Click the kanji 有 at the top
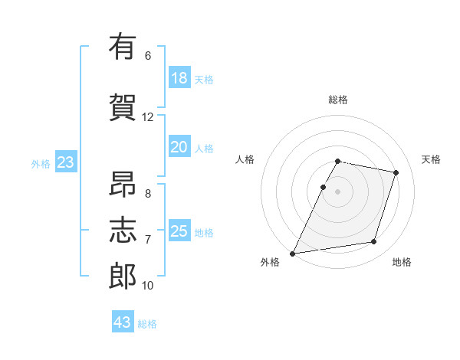pyautogui.click(x=123, y=46)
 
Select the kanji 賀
pyautogui.click(x=123, y=107)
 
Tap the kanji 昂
pyautogui.click(x=123, y=184)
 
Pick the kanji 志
pyautogui.click(x=123, y=230)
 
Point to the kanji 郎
pyautogui.click(x=123, y=276)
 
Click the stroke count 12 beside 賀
pyautogui.click(x=147, y=117)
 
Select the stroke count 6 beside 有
pyautogui.click(x=148, y=56)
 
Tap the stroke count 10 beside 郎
pyautogui.click(x=147, y=286)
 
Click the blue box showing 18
pyautogui.click(x=179, y=77)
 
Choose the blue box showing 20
pyautogui.click(x=179, y=146)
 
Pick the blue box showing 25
pyautogui.click(x=179, y=230)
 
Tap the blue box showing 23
pyautogui.click(x=66, y=162)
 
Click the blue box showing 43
pyautogui.click(x=123, y=321)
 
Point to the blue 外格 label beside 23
pyautogui.click(x=41, y=164)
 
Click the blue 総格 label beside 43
pyautogui.click(x=147, y=324)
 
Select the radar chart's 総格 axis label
pyautogui.click(x=338, y=100)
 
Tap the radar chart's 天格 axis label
pyautogui.click(x=431, y=159)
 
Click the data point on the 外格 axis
pyautogui.click(x=292, y=254)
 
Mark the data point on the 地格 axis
pyautogui.click(x=374, y=241)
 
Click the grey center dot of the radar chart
pyautogui.click(x=337, y=191)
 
